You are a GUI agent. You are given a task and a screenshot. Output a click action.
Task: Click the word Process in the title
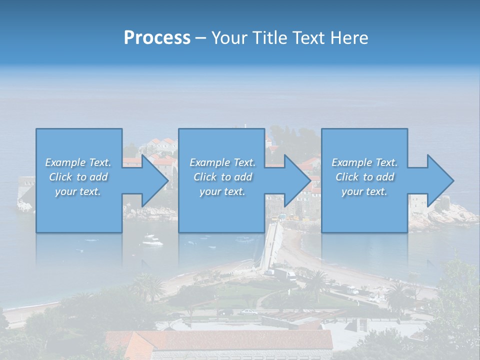(x=157, y=38)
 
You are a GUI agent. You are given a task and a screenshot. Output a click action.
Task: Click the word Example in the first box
(x=65, y=162)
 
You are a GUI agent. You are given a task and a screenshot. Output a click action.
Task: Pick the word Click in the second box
(x=205, y=177)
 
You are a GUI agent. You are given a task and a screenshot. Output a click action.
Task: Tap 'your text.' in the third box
(x=364, y=191)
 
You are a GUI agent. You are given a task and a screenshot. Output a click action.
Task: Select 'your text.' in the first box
(x=78, y=191)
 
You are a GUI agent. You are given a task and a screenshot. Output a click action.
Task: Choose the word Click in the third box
(x=347, y=177)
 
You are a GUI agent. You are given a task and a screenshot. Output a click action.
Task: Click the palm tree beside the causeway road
(x=316, y=280)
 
